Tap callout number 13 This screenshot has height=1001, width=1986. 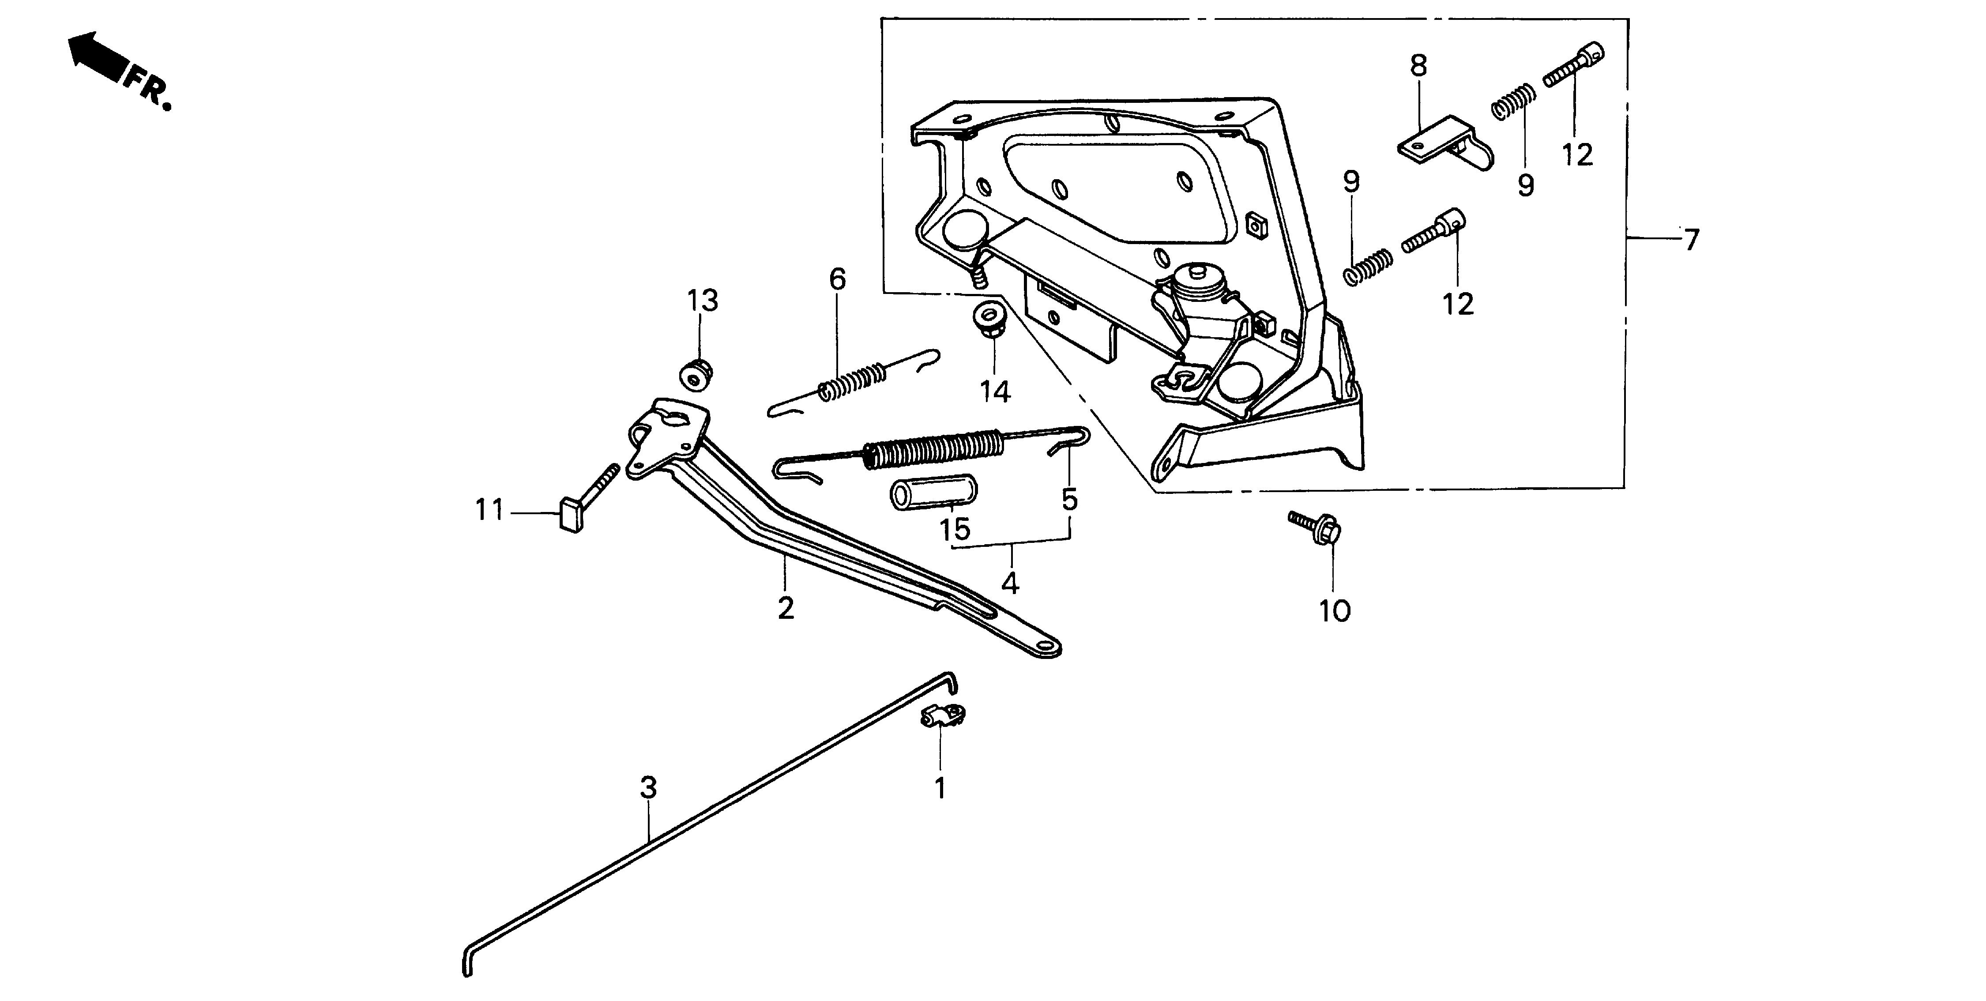[x=702, y=301]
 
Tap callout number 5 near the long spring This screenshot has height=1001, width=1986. [x=1069, y=500]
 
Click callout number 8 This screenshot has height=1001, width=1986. [x=1418, y=66]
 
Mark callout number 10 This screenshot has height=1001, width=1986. [x=1335, y=612]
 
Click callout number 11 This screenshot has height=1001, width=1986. [x=489, y=510]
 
